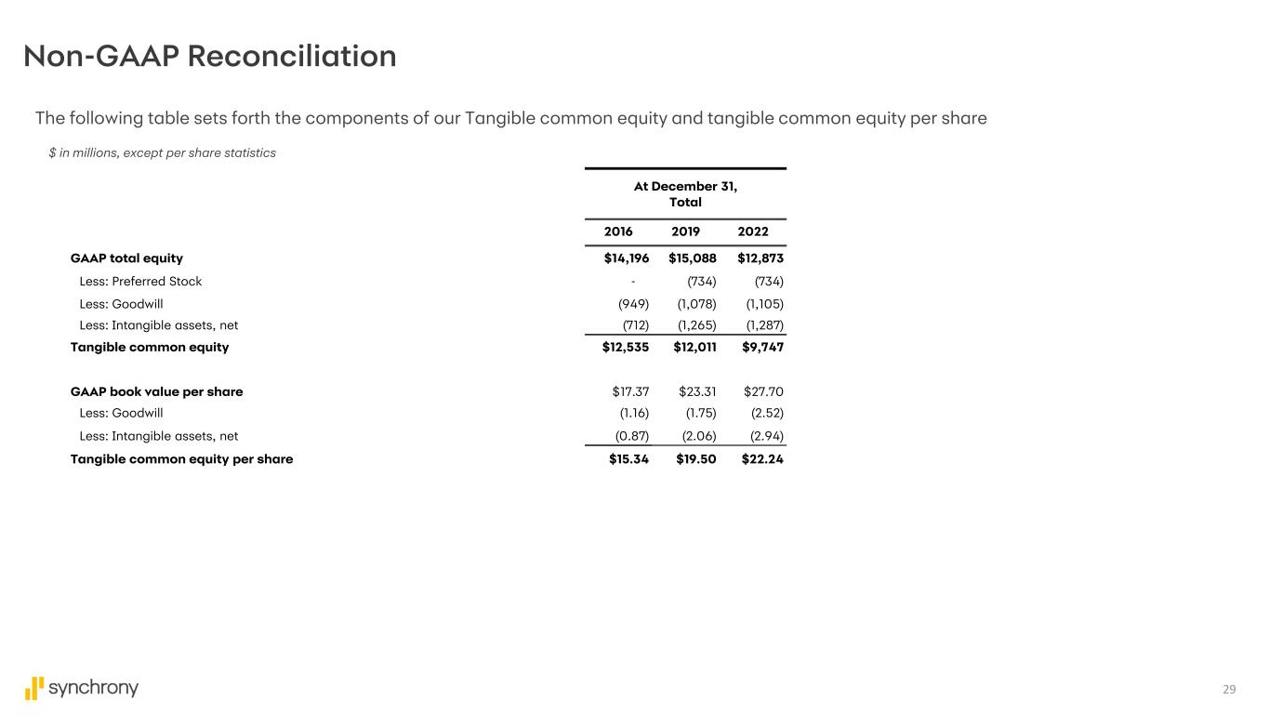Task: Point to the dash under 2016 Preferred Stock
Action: tap(633, 281)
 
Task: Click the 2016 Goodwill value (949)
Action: tap(634, 303)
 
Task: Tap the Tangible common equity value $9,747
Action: tap(762, 347)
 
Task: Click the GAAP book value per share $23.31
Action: tap(697, 391)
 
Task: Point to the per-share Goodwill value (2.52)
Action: tap(767, 413)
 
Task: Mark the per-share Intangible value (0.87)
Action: tap(632, 435)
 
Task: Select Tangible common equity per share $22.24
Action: tap(762, 458)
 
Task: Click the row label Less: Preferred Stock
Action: tap(140, 281)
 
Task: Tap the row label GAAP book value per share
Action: tap(156, 391)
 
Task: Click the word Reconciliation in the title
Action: tap(292, 57)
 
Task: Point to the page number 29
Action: tap(1229, 689)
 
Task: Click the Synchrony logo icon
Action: tap(34, 688)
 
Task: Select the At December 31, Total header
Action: tap(685, 194)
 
